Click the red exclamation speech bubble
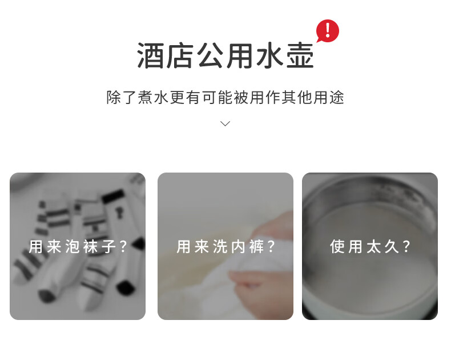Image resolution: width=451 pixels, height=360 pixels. pos(328,30)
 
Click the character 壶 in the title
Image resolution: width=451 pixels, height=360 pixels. pos(300,55)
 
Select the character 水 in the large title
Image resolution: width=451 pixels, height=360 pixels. pos(270,55)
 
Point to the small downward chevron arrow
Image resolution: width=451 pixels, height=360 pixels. pos(225,123)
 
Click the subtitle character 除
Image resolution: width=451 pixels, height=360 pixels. pos(114,97)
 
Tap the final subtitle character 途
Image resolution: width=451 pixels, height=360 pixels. pos(337,97)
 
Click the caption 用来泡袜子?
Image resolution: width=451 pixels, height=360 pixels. pos(78,247)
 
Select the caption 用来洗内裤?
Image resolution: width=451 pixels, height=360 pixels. pos(226,247)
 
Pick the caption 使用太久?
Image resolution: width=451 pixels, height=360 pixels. pos(370,247)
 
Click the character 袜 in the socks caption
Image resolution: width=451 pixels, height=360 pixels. pos(90,247)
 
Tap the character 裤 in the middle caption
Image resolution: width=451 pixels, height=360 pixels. pos(256,247)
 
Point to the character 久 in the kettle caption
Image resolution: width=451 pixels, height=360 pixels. pos(392,247)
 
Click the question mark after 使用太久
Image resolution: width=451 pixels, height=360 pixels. pos(406,247)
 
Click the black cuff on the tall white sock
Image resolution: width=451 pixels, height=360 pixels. pos(113,195)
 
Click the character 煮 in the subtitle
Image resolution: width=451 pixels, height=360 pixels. pos(145,97)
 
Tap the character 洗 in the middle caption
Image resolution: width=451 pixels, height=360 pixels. pos(220,247)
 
